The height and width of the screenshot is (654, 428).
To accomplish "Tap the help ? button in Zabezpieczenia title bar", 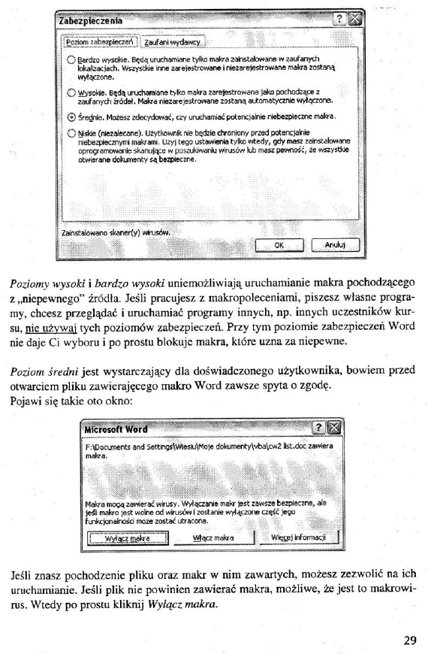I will pyautogui.click(x=339, y=20).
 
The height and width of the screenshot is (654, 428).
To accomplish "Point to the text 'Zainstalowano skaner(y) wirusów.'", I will pyautogui.click(x=110, y=232).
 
